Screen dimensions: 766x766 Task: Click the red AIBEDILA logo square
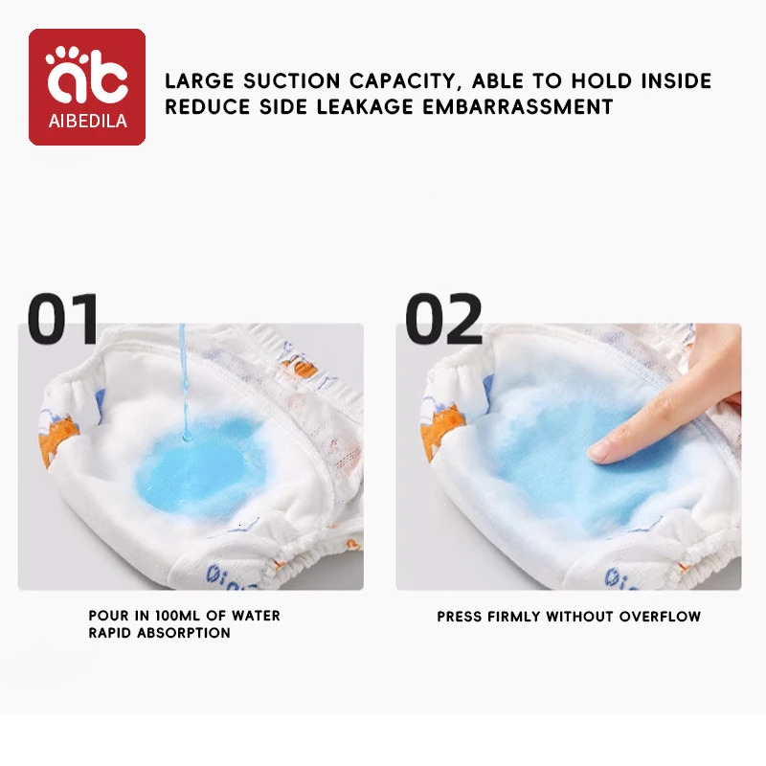87,87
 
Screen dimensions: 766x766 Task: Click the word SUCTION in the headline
292,81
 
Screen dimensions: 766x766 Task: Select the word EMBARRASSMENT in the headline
517,106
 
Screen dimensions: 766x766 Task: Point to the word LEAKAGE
365,106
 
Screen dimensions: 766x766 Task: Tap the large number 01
63,319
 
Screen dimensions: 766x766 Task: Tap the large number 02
443,319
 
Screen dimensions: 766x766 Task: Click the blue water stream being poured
184,382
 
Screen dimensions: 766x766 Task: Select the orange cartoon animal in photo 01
58,439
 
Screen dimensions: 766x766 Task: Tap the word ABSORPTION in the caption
183,633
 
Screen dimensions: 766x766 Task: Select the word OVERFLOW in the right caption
660,617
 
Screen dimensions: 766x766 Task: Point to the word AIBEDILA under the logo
88,122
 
